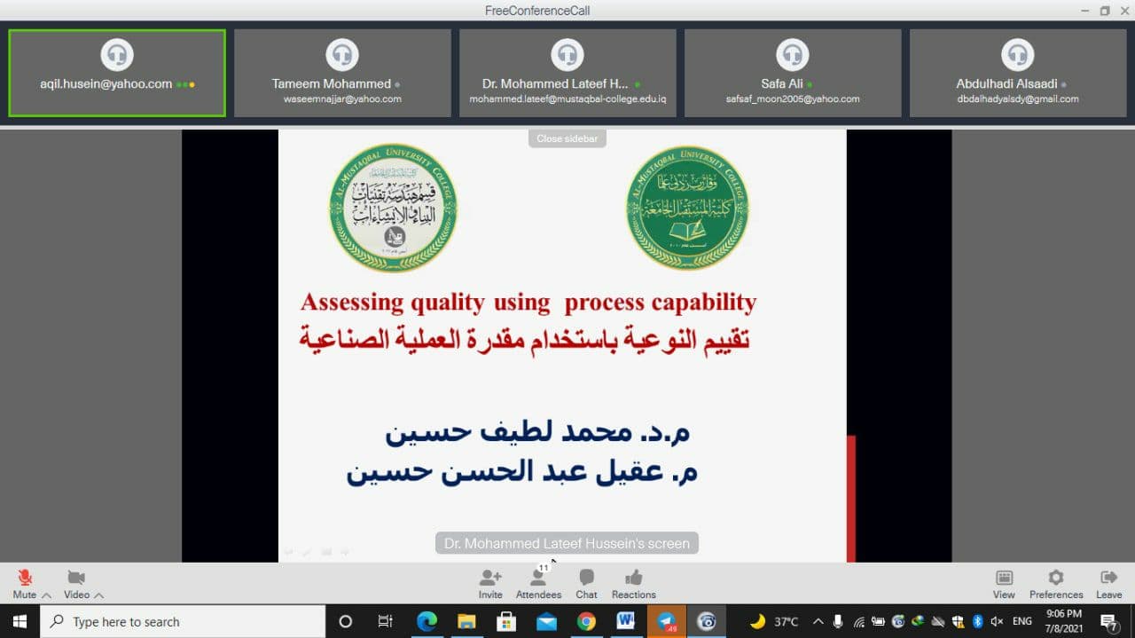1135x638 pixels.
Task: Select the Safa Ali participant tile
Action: [x=793, y=73]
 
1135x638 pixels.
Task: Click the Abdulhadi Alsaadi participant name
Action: [x=1006, y=84]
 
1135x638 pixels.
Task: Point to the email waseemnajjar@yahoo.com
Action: [x=342, y=99]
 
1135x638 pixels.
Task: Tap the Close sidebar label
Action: [x=567, y=138]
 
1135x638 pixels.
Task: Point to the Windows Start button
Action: [x=20, y=621]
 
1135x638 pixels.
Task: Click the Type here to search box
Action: [x=182, y=621]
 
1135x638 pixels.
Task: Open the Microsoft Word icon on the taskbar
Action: [x=626, y=621]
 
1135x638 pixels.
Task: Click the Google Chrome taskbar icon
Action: [x=586, y=621]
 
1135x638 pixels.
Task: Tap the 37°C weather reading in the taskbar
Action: [x=786, y=621]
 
